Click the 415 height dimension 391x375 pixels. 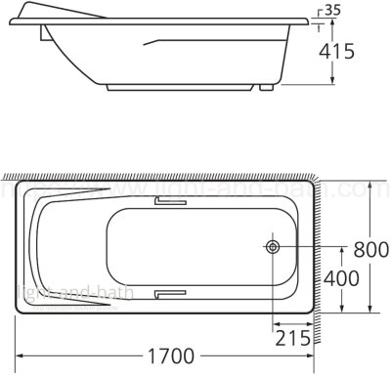click(x=362, y=52)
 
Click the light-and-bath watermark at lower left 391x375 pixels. click(x=48, y=291)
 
